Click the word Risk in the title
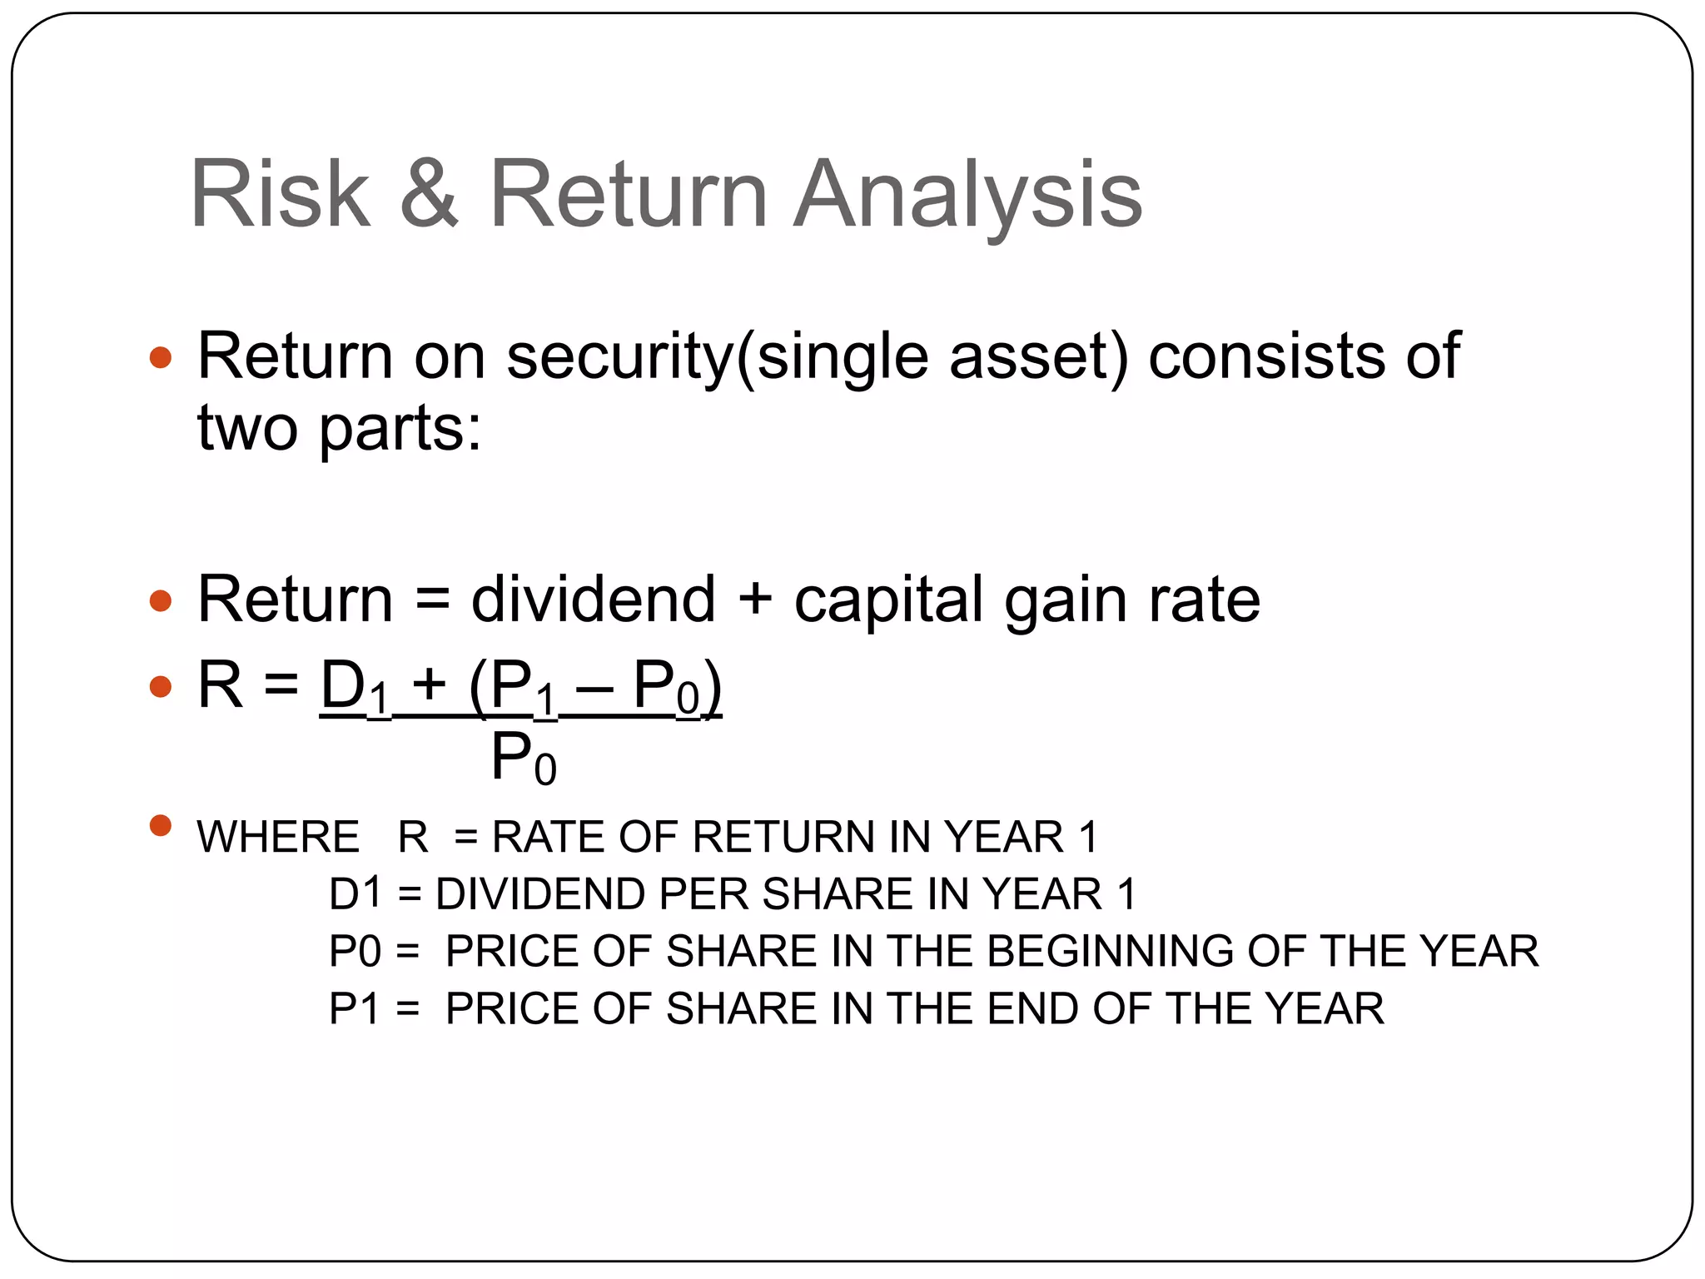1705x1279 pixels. click(280, 194)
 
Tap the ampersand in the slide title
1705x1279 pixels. click(429, 194)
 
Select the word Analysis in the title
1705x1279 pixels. click(967, 196)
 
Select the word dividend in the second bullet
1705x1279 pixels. click(593, 600)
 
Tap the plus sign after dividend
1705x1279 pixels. click(755, 600)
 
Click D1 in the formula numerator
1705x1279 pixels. click(355, 688)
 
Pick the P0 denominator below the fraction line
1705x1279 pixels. click(523, 759)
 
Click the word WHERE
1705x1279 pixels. click(277, 837)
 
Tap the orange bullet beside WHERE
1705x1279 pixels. click(160, 825)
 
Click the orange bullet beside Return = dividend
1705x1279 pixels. click(160, 600)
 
